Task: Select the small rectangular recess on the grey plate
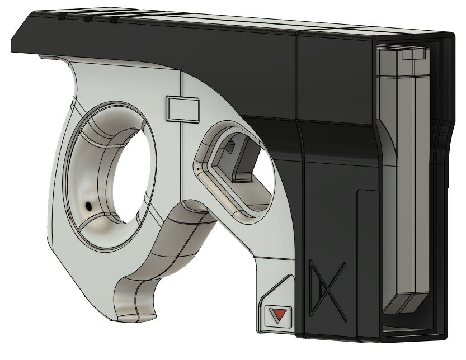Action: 182,108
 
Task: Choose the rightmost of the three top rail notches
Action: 114,20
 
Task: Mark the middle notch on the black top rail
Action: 88,18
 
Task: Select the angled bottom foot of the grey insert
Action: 404,304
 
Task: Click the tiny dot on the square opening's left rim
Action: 198,167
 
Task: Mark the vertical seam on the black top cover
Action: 296,73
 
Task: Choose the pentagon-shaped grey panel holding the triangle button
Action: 277,305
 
